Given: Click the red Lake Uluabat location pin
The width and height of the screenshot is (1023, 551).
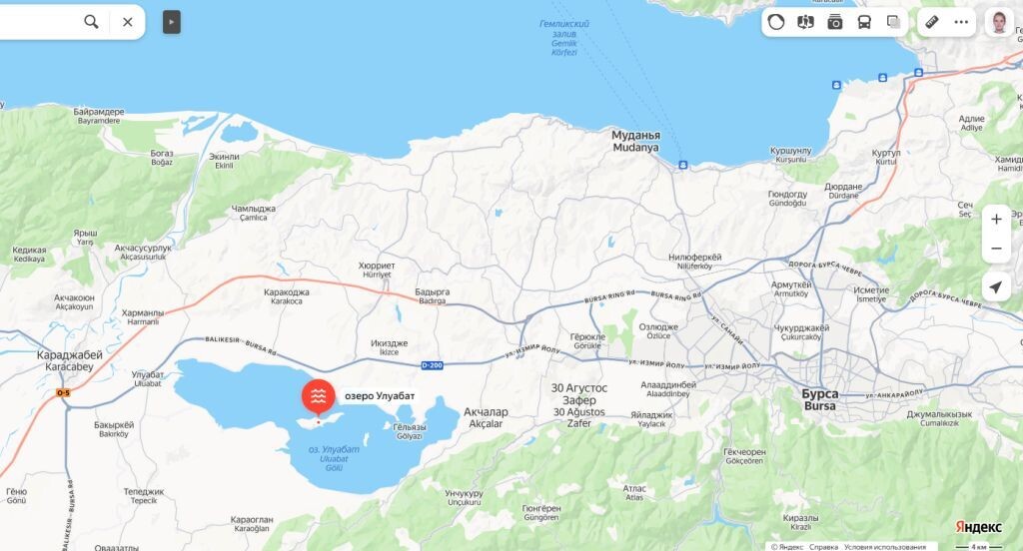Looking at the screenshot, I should click(x=318, y=396).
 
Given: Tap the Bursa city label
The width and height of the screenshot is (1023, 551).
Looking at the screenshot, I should click(x=820, y=400).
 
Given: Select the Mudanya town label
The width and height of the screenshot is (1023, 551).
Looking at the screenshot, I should click(x=635, y=141).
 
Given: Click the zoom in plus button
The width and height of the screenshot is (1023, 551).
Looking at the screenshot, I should click(x=995, y=220).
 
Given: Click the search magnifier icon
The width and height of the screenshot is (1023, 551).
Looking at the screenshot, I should click(x=91, y=22).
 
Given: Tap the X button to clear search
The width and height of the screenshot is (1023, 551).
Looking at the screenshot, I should click(x=128, y=22).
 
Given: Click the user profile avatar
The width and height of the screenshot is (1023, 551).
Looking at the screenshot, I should click(x=999, y=22).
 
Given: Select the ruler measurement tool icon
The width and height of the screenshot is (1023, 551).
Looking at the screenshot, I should click(x=931, y=22).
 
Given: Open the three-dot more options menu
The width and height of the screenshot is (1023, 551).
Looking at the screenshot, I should click(x=961, y=22).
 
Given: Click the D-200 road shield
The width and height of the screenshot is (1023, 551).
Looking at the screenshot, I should click(x=432, y=365).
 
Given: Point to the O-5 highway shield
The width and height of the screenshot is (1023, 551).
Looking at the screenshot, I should click(x=63, y=393).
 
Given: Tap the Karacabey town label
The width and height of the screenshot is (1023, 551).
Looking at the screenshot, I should click(x=69, y=360).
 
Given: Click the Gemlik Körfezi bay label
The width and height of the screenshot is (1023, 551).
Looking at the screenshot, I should click(x=564, y=38).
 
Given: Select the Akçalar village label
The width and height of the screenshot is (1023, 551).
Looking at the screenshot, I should click(x=488, y=417).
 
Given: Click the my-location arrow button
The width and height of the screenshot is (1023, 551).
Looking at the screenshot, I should click(x=995, y=287).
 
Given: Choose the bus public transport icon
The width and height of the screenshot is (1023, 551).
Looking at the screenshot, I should click(x=864, y=22).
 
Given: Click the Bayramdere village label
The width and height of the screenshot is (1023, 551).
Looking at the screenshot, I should click(x=91, y=117).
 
